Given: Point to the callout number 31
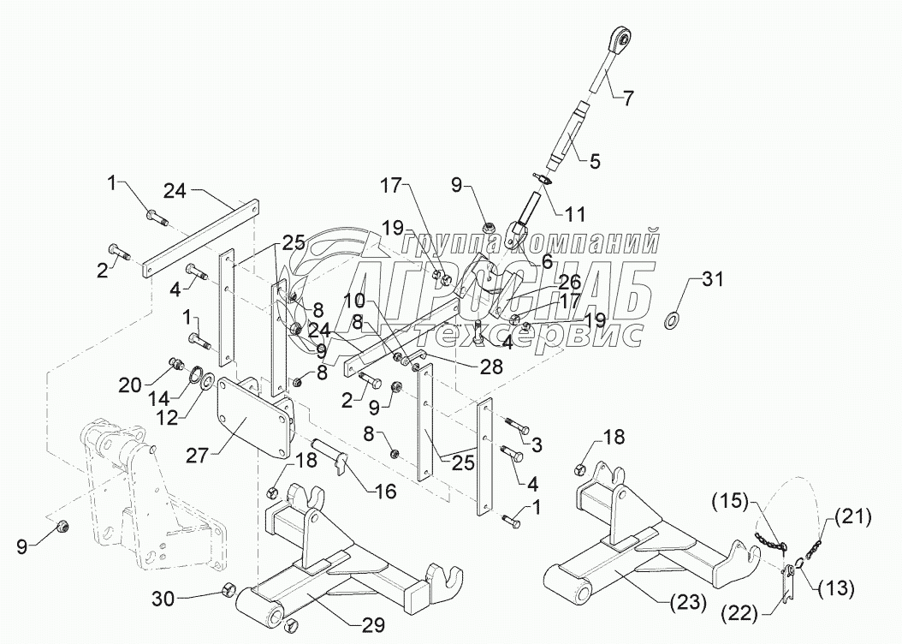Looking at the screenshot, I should point(712,278).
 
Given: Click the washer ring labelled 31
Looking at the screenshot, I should point(672,320).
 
